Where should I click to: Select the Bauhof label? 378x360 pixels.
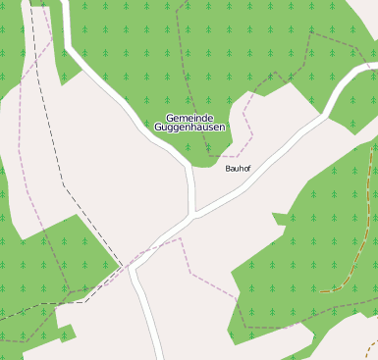(239, 169)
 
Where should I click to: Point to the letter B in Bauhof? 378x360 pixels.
(228, 169)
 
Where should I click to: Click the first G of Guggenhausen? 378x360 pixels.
(158, 128)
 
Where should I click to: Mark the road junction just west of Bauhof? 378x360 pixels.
(193, 213)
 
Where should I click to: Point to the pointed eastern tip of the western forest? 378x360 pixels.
(118, 266)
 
